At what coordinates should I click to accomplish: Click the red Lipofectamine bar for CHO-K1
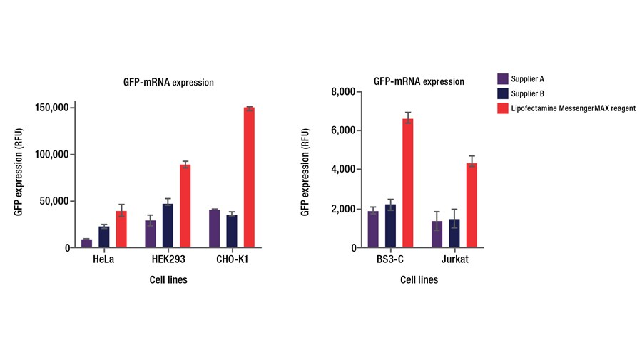pos(250,178)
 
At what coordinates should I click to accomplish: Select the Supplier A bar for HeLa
pos(86,243)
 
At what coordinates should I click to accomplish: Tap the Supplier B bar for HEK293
pos(168,226)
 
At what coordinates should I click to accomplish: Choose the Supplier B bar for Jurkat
pos(454,234)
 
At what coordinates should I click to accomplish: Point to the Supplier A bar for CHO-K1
pos(215,229)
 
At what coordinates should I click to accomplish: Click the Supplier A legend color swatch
pos(502,78)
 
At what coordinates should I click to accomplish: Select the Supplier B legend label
pos(529,93)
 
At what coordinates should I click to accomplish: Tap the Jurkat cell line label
pos(454,259)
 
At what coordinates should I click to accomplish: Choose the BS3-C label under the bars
pos(390,259)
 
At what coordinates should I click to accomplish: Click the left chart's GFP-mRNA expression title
pos(168,83)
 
